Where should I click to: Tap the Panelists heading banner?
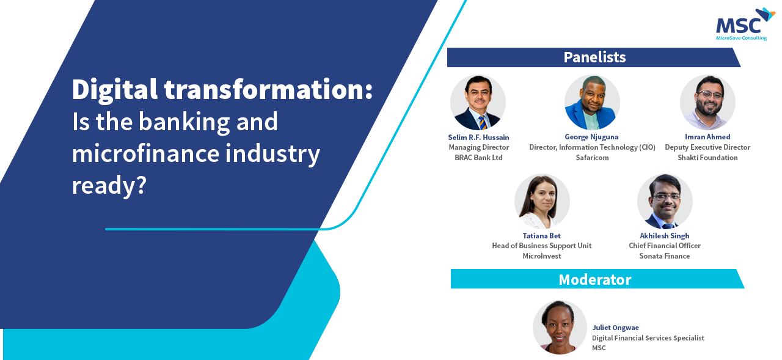click(594, 57)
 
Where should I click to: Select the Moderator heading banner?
click(597, 279)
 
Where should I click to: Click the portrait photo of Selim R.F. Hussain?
click(478, 103)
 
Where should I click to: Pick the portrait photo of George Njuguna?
click(592, 102)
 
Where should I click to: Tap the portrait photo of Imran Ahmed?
click(707, 102)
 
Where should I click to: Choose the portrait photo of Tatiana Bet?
click(542, 202)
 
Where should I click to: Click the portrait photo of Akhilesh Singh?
click(665, 202)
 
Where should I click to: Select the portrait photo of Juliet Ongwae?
click(560, 328)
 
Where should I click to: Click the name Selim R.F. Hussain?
click(478, 138)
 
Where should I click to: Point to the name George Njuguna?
click(592, 137)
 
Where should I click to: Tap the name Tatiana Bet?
click(541, 236)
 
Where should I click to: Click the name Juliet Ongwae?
click(615, 328)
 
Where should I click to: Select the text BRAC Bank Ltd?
click(478, 158)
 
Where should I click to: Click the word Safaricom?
click(592, 158)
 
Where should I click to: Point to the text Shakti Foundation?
click(707, 158)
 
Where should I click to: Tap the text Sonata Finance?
click(664, 256)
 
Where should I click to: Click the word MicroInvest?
click(541, 256)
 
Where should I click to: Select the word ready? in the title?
click(109, 186)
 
